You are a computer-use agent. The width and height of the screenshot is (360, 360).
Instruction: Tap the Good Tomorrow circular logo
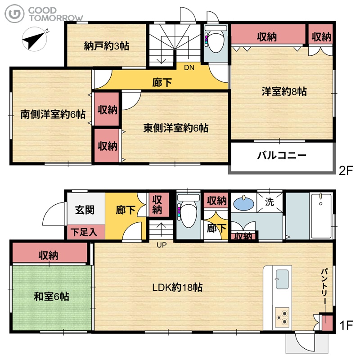(x=14, y=14)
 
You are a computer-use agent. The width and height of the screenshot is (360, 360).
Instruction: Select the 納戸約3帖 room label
(x=107, y=46)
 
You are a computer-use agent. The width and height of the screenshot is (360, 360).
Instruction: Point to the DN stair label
(x=189, y=67)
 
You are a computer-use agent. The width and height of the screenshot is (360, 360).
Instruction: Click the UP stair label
(x=162, y=245)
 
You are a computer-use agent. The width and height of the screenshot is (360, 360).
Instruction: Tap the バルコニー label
(x=282, y=155)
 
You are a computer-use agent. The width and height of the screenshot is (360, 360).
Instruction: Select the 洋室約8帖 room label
(x=284, y=91)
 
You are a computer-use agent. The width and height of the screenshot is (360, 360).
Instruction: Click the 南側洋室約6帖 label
(x=53, y=114)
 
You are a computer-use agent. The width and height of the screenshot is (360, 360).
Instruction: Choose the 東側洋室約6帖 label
(x=176, y=128)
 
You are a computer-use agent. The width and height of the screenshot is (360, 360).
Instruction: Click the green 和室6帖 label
(x=51, y=297)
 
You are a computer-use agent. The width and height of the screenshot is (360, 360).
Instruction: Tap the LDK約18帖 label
(x=177, y=287)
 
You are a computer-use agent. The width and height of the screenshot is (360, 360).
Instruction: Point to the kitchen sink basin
(x=282, y=279)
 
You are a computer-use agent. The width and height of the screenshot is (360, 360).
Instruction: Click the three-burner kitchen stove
(x=282, y=317)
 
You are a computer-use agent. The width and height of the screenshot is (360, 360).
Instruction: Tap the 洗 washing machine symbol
(x=270, y=202)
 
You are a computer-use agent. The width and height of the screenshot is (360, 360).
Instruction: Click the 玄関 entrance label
(x=85, y=210)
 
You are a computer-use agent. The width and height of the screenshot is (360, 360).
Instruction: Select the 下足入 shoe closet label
(x=84, y=232)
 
